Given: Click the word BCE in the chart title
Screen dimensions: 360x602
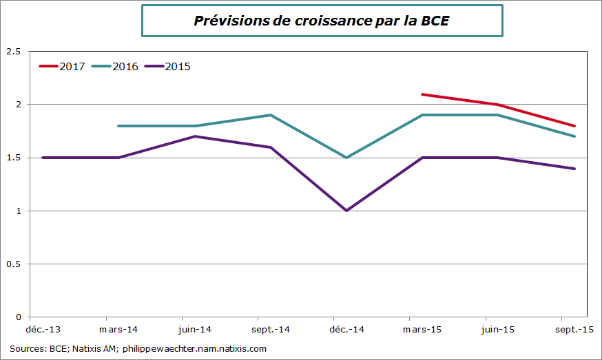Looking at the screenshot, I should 435,21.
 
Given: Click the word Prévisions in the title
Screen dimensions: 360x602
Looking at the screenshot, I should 229,21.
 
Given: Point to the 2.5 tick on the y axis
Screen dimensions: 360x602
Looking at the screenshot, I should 13,52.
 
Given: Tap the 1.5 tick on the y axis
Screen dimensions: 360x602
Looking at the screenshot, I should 13,158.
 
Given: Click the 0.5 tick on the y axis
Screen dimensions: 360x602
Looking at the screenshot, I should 13,264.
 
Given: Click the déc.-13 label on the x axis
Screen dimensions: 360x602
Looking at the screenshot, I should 43,330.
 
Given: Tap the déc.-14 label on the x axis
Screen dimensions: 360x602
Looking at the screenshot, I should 346,330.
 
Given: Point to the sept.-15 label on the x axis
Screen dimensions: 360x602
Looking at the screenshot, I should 574,330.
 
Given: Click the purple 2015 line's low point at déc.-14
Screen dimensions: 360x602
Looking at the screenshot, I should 346,211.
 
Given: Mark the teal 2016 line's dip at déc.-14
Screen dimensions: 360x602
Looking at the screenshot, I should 346,158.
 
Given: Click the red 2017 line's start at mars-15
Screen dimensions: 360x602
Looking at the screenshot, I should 422,94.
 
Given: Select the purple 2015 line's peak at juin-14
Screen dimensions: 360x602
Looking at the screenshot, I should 195,136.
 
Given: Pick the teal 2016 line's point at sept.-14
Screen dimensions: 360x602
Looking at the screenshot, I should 271,115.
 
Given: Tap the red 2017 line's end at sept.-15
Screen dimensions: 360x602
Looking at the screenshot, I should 574,126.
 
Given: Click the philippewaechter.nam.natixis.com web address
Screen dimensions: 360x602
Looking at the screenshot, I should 194,349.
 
